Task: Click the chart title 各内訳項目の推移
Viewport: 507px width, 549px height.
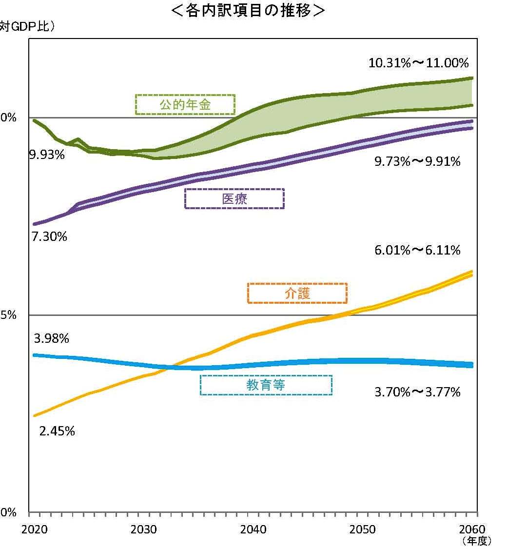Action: point(248,11)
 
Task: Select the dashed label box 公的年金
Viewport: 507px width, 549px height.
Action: point(185,104)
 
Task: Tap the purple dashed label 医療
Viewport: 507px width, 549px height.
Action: point(234,199)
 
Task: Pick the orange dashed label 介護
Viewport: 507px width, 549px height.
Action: point(297,294)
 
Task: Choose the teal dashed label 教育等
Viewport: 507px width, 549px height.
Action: point(266,385)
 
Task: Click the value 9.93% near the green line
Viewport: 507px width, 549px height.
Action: point(47,155)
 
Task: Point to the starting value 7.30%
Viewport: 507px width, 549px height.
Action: point(49,237)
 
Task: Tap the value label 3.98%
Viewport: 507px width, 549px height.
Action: point(52,338)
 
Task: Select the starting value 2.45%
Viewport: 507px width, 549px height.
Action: point(57,431)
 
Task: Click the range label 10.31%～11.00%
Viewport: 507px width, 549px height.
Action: point(418,63)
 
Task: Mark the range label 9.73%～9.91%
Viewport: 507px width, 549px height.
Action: point(417,162)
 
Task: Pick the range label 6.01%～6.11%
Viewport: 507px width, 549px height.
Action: point(417,251)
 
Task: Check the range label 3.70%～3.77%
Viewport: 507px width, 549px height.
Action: point(417,392)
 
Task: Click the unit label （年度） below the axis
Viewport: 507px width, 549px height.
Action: point(476,541)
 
